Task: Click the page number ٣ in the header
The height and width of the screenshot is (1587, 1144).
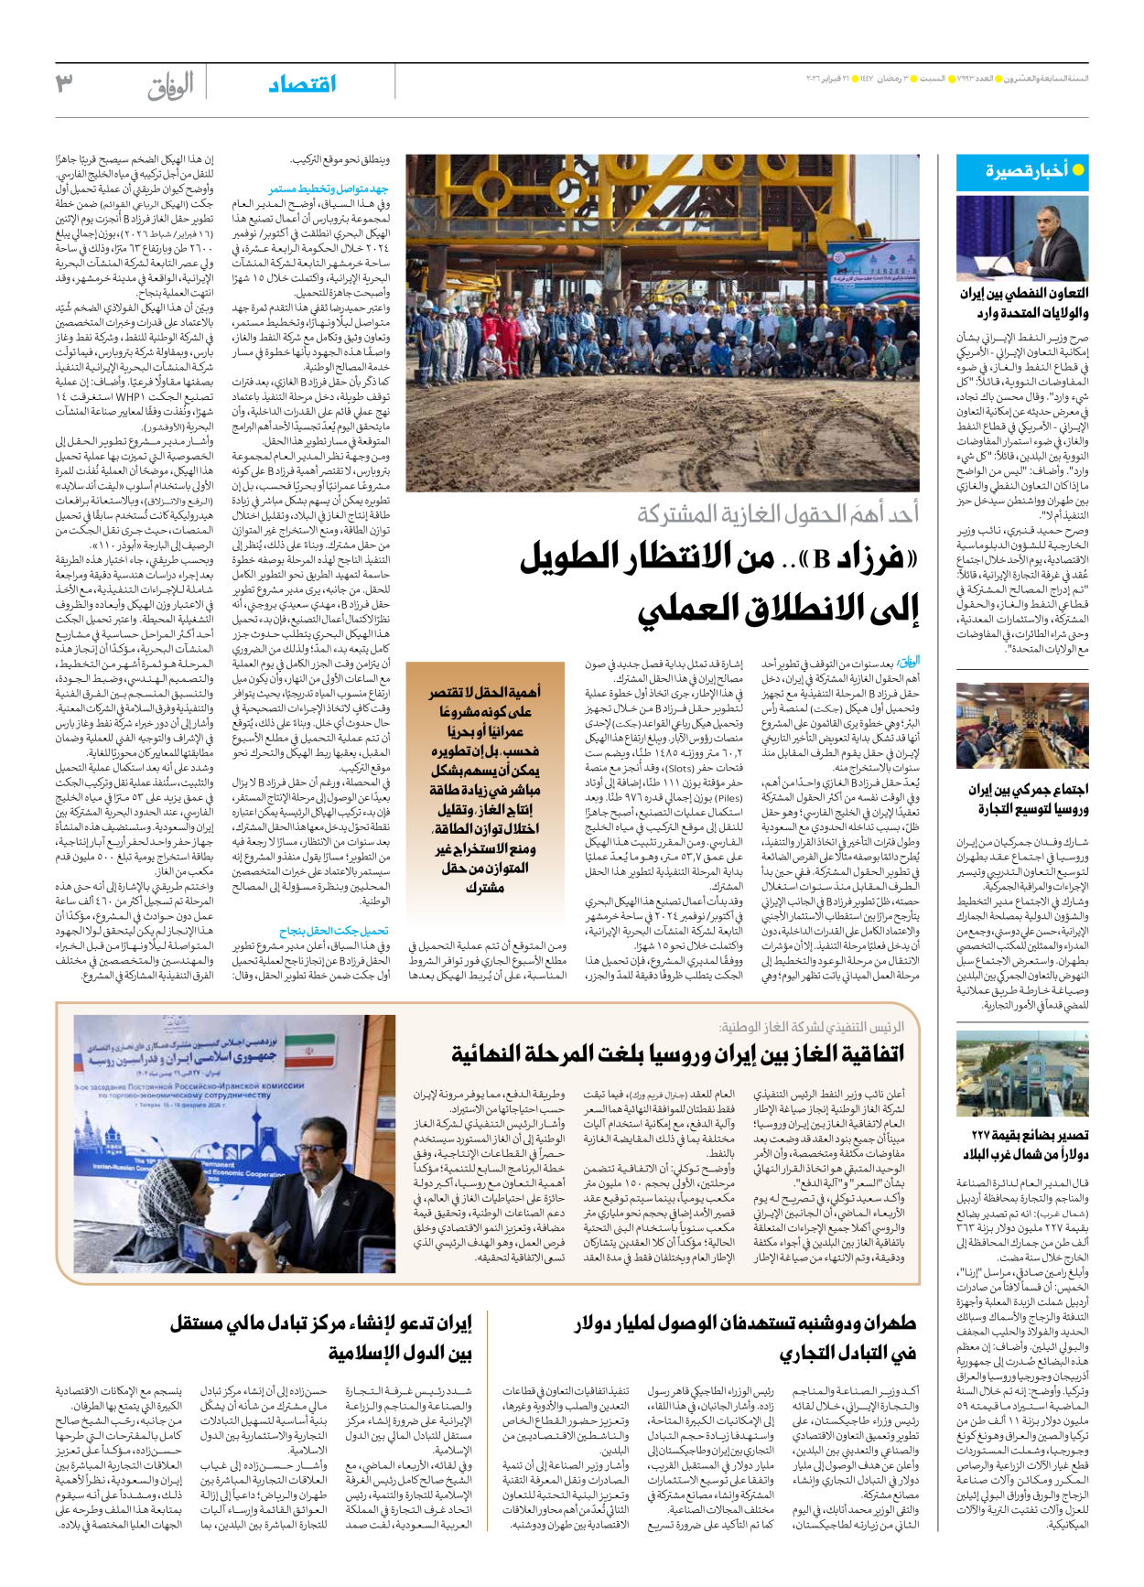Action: (64, 83)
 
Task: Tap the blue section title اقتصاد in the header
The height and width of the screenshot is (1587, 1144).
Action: (302, 84)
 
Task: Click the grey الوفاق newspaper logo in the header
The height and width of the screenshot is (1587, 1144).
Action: (170, 85)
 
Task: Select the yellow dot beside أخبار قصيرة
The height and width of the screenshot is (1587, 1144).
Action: (1077, 169)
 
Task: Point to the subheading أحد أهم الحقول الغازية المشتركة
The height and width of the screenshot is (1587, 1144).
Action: (778, 514)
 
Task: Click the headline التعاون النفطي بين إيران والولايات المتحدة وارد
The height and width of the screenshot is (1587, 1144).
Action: (1023, 303)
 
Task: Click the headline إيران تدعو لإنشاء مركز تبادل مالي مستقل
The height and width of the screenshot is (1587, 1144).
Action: (320, 1337)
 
